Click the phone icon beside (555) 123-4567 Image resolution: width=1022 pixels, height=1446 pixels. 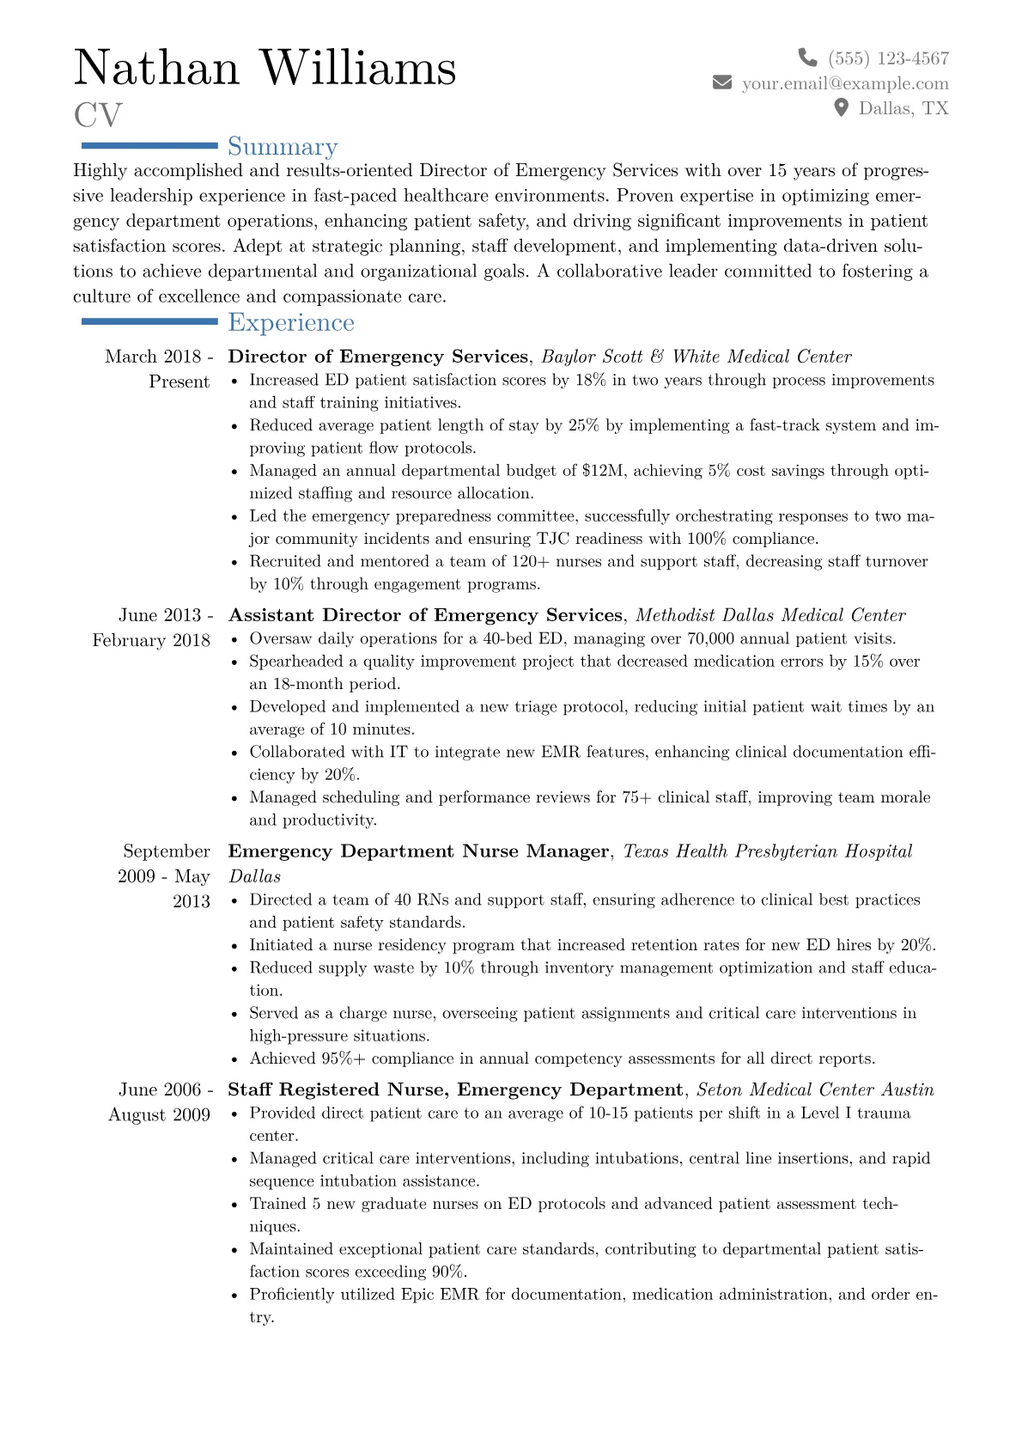(807, 58)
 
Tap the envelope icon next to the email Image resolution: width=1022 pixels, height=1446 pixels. (722, 82)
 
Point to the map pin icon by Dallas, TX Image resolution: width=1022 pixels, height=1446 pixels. (842, 107)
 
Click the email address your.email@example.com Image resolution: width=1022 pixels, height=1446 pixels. (845, 83)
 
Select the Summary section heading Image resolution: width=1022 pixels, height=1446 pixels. (283, 147)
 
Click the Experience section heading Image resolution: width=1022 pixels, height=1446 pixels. (291, 322)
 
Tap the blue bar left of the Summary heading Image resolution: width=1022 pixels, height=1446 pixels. (149, 146)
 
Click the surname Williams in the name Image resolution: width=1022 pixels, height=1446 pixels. (358, 69)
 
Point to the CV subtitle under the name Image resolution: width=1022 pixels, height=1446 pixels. (98, 115)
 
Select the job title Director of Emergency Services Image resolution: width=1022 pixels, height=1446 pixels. (378, 357)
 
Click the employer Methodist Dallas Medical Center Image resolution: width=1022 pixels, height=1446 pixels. (770, 615)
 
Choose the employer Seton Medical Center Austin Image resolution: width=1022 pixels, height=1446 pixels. (815, 1089)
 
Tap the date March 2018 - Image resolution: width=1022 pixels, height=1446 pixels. (159, 357)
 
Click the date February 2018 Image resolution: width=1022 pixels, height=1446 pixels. (151, 640)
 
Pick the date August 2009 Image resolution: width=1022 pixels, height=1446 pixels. (159, 1114)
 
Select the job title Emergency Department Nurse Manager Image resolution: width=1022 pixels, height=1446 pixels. (418, 851)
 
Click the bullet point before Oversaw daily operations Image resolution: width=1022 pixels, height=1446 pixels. (235, 639)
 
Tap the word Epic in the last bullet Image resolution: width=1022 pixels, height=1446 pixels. (417, 1294)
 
